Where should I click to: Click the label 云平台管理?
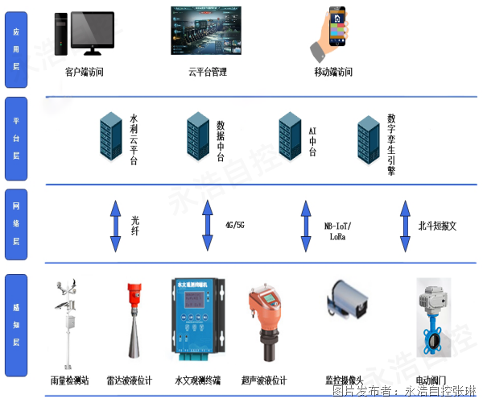(x=208, y=72)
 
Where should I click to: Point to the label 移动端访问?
(x=333, y=72)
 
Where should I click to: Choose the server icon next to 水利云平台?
(x=110, y=134)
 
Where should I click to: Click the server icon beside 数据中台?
(x=198, y=134)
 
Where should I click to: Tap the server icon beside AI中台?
(x=290, y=134)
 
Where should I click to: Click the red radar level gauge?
(x=135, y=322)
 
